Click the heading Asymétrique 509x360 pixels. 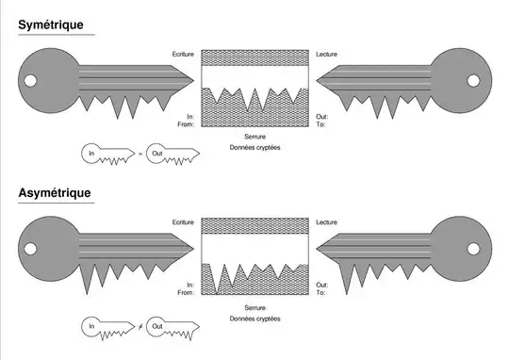click(55, 193)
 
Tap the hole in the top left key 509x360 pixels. click(30, 81)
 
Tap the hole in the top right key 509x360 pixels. click(479, 81)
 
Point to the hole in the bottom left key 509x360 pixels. click(30, 250)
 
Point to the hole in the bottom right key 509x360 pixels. click(479, 250)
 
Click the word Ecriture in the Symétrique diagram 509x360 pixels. click(183, 54)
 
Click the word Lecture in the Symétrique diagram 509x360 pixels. click(327, 54)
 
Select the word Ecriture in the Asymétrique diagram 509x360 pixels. click(183, 222)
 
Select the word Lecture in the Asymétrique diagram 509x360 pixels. click(327, 222)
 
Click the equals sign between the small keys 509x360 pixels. click(140, 153)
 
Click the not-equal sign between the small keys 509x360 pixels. click(140, 326)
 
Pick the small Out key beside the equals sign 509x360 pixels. click(172, 153)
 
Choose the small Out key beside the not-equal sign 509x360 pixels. click(172, 326)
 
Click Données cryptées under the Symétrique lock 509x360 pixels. click(254, 148)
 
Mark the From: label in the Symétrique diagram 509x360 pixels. click(186, 123)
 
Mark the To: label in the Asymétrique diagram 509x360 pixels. click(320, 292)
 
